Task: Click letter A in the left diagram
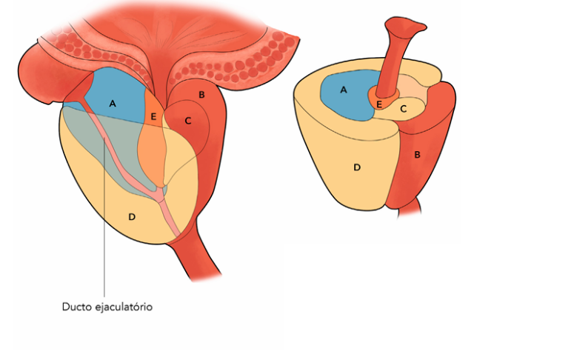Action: click(113, 104)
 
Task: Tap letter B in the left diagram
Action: click(201, 95)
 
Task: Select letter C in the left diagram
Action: click(187, 120)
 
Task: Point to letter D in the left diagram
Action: click(132, 216)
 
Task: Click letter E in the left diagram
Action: click(153, 116)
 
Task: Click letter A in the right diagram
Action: click(343, 90)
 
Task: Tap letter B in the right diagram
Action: click(417, 155)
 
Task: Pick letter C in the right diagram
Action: click(403, 108)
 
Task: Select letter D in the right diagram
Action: click(356, 167)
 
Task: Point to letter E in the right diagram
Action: click(379, 104)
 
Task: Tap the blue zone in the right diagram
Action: click(348, 100)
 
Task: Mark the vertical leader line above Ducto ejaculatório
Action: click(105, 244)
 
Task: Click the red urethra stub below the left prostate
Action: click(196, 263)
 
